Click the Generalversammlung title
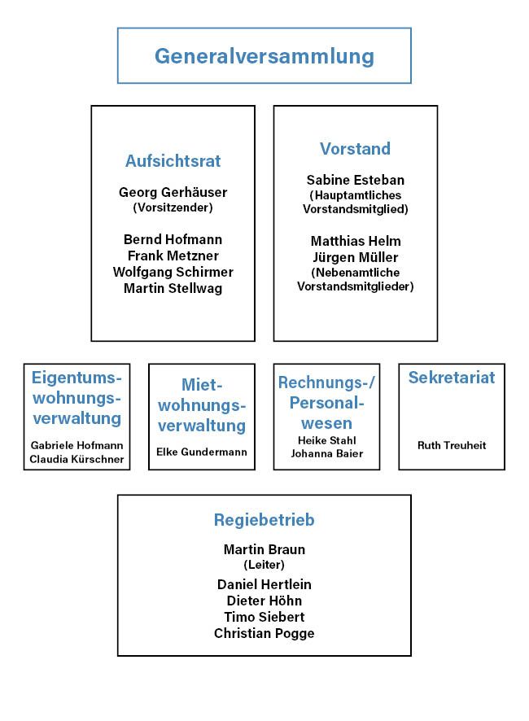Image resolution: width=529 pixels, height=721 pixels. (264, 56)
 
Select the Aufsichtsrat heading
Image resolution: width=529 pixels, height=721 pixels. (173, 161)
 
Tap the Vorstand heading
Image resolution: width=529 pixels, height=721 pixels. (355, 149)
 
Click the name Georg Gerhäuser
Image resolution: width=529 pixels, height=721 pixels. (173, 193)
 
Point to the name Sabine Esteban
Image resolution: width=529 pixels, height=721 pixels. (355, 180)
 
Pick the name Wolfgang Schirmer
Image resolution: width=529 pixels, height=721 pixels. (173, 272)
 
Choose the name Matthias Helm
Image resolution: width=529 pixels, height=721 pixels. (356, 241)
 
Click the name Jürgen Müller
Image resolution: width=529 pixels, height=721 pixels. (356, 257)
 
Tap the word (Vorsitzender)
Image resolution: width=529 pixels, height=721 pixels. (173, 208)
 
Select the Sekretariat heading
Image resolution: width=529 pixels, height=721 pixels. (452, 378)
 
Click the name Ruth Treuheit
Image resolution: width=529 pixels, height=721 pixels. (452, 445)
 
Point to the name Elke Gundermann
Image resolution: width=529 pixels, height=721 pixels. (202, 452)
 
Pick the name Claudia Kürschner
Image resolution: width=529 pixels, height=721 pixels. (77, 459)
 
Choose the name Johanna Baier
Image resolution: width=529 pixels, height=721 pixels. (326, 453)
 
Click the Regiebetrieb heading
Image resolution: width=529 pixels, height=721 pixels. (264, 519)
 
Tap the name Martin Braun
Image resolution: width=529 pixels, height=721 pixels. (264, 549)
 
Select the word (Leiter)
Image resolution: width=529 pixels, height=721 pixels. (264, 564)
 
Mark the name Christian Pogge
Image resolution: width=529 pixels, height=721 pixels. (264, 633)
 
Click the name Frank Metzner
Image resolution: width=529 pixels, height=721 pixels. (173, 256)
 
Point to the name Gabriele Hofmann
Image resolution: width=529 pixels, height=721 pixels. (77, 445)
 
